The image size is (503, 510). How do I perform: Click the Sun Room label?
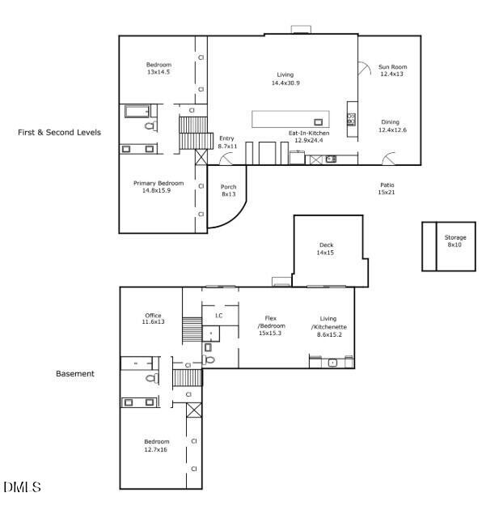coord(392,70)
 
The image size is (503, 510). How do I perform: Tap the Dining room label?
coord(392,126)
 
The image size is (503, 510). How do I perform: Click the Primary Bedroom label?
coord(159,187)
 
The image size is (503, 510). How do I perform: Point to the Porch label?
coord(229,190)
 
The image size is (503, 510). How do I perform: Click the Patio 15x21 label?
coord(386,189)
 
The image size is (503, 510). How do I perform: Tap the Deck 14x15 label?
coord(326,249)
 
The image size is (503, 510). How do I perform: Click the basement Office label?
coord(153,319)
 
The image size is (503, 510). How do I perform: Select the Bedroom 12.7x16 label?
coord(157,445)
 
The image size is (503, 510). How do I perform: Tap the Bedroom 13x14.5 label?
coord(159,69)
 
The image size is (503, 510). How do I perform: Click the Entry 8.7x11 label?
coord(227,142)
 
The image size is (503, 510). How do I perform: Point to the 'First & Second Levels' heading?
coord(59,132)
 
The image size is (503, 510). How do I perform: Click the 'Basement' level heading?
coord(75,374)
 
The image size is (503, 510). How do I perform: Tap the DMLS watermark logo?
coord(22,487)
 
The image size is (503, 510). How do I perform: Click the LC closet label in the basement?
coord(218,315)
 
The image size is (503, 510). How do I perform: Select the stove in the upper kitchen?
coord(351,120)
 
